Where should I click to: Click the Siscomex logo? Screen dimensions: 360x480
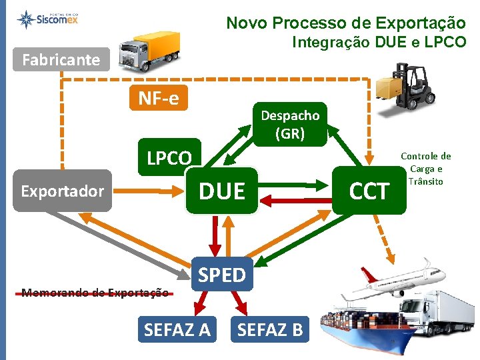click(51, 19)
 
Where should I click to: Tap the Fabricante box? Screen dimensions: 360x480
click(61, 60)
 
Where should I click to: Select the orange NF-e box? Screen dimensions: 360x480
click(159, 99)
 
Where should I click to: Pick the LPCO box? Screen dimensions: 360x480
click(169, 159)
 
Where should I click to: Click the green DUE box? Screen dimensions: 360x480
click(221, 191)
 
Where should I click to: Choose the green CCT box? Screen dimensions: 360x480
click(369, 191)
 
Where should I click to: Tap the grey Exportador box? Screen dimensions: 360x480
click(62, 191)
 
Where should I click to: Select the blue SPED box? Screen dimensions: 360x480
click(222, 274)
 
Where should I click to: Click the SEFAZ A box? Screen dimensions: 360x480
click(177, 329)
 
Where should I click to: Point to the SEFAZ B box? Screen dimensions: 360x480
click(270, 329)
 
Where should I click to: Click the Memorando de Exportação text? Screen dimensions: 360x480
click(94, 292)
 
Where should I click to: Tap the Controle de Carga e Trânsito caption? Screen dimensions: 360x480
click(427, 169)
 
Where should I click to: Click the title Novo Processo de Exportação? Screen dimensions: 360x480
click(345, 23)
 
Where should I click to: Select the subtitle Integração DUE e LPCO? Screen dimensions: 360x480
click(379, 43)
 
